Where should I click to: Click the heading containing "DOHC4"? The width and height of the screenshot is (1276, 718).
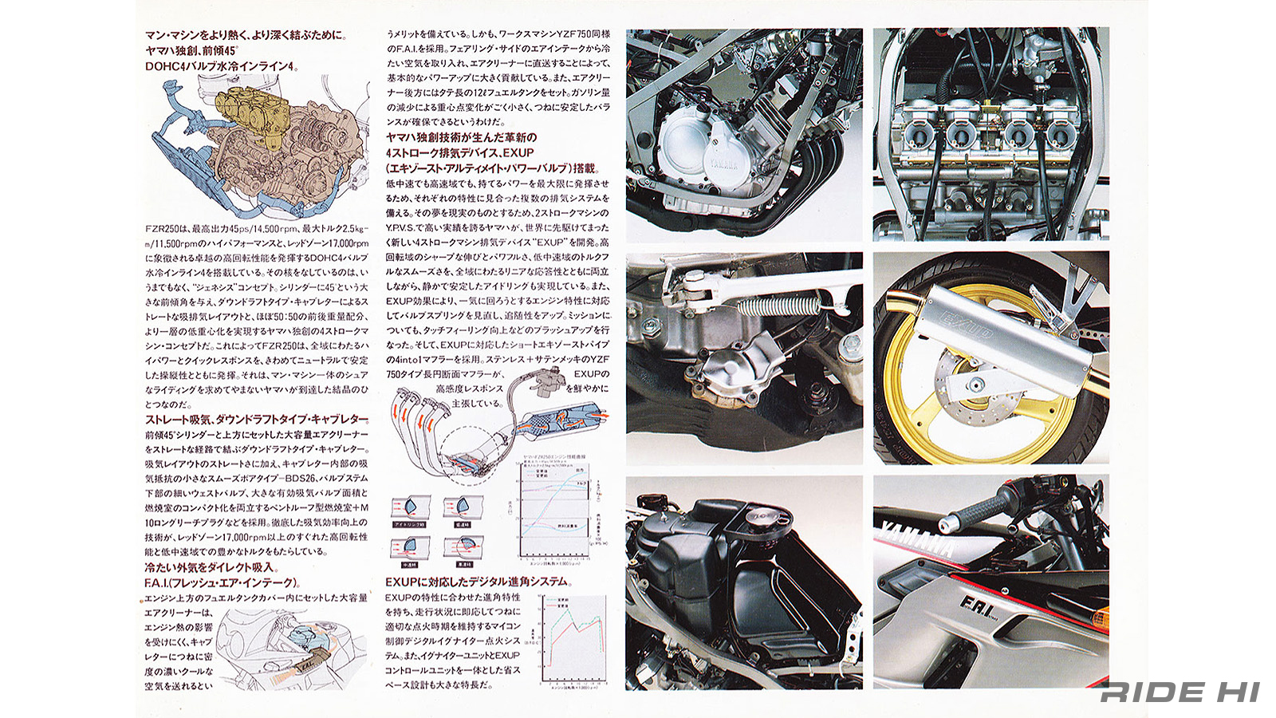tap(221, 65)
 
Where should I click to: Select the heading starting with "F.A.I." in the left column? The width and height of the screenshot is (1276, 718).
tap(222, 582)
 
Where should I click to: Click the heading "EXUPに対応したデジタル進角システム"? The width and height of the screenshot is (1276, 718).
tap(478, 582)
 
